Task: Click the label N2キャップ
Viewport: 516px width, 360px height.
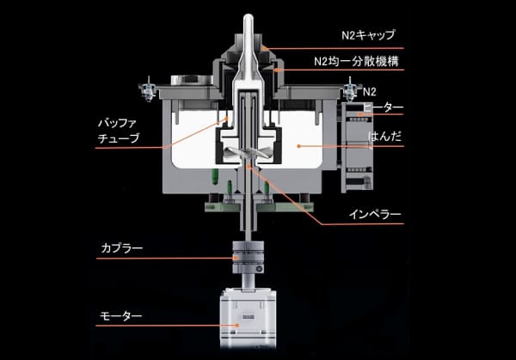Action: coord(368,35)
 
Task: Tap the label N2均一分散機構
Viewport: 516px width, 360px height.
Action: coord(356,61)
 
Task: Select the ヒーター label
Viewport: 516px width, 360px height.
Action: coord(384,107)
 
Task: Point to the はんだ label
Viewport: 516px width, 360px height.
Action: coord(384,136)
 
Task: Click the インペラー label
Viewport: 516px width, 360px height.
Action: coord(375,215)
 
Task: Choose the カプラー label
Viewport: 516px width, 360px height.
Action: coord(122,247)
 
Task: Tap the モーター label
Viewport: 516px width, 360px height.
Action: coord(120,316)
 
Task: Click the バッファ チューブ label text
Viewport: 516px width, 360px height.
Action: coord(119,131)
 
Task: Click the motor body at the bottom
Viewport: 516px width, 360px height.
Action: coord(249,318)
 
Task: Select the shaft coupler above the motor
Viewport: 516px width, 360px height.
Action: coord(249,258)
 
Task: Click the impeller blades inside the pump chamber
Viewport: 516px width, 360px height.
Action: coord(248,154)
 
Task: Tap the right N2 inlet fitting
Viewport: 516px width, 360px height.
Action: coord(350,88)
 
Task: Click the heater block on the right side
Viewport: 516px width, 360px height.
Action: coord(357,147)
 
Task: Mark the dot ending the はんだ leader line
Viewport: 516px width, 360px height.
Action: coord(298,146)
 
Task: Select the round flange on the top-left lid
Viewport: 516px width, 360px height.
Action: coord(192,80)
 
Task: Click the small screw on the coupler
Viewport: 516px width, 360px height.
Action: coord(259,269)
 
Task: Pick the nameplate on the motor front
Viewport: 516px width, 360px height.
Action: coord(247,316)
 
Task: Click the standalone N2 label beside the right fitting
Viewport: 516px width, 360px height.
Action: coord(369,92)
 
